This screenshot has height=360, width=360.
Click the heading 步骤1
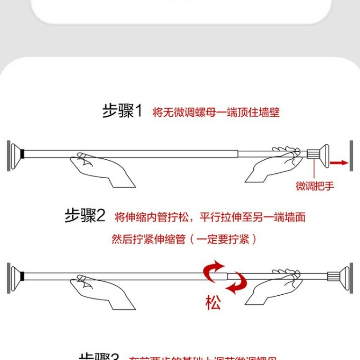click(x=121, y=111)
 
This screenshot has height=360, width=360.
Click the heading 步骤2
click(x=85, y=216)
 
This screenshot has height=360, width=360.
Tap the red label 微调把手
click(x=315, y=186)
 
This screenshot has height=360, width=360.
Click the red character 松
click(x=213, y=302)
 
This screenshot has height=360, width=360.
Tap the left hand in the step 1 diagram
click(x=101, y=168)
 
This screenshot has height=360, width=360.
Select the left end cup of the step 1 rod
click(x=17, y=154)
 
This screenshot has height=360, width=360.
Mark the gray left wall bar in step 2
click(x=9, y=278)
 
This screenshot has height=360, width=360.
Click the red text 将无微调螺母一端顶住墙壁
click(x=216, y=112)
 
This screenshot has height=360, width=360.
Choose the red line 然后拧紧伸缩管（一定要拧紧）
click(x=184, y=239)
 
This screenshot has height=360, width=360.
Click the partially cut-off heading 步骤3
click(x=99, y=356)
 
